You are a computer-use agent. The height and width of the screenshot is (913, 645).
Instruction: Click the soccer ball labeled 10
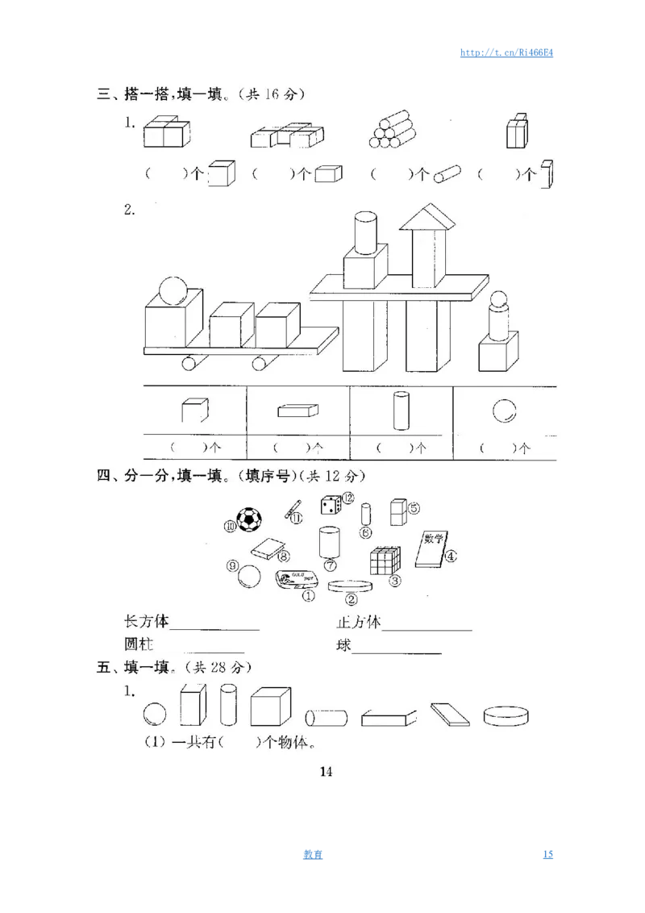[248, 520]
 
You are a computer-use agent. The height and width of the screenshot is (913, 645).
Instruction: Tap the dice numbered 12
[331, 506]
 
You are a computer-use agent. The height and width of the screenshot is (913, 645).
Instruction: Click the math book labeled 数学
[433, 548]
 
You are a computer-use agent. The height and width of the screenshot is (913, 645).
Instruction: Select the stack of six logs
[393, 130]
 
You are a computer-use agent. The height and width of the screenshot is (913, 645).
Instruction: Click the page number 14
[326, 771]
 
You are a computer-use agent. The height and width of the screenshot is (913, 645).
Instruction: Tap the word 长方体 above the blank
[146, 622]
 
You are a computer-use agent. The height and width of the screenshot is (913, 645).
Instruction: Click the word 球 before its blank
[344, 646]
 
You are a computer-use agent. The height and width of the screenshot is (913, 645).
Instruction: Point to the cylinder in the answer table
[401, 411]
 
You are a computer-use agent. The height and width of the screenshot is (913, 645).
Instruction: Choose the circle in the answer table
[504, 411]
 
